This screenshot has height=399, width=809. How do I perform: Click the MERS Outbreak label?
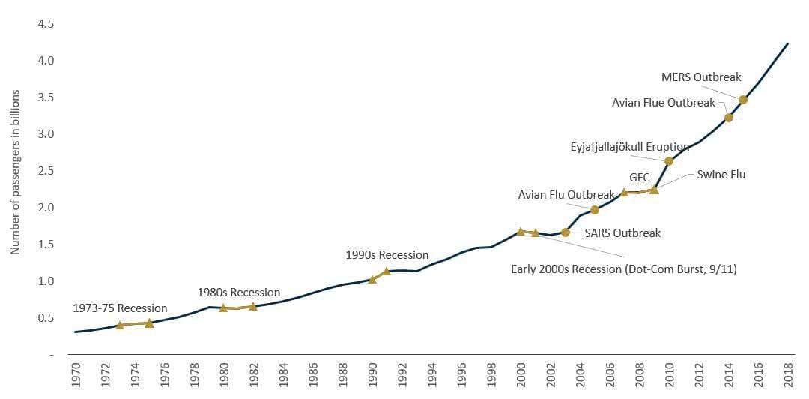click(701, 77)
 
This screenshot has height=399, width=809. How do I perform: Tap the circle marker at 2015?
click(743, 100)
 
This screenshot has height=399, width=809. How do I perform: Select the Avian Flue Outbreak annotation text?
click(664, 102)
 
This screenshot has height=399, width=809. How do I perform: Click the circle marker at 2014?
click(728, 118)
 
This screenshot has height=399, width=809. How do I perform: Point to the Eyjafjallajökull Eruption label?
click(630, 148)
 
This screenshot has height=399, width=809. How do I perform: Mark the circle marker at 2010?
click(669, 161)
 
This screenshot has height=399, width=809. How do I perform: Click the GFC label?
click(639, 178)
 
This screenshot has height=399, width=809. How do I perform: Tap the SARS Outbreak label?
click(622, 232)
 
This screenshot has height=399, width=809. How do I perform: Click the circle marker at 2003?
click(565, 232)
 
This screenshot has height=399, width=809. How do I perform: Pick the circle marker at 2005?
click(595, 210)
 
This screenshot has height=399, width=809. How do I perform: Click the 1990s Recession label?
click(387, 255)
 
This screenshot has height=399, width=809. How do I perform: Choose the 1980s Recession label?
click(238, 292)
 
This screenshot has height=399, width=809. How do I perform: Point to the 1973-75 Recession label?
click(120, 308)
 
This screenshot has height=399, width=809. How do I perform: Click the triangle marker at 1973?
click(120, 325)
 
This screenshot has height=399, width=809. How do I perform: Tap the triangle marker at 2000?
click(521, 231)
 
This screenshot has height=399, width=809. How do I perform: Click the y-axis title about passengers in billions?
click(15, 172)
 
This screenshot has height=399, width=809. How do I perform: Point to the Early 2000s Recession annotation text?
click(623, 268)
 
